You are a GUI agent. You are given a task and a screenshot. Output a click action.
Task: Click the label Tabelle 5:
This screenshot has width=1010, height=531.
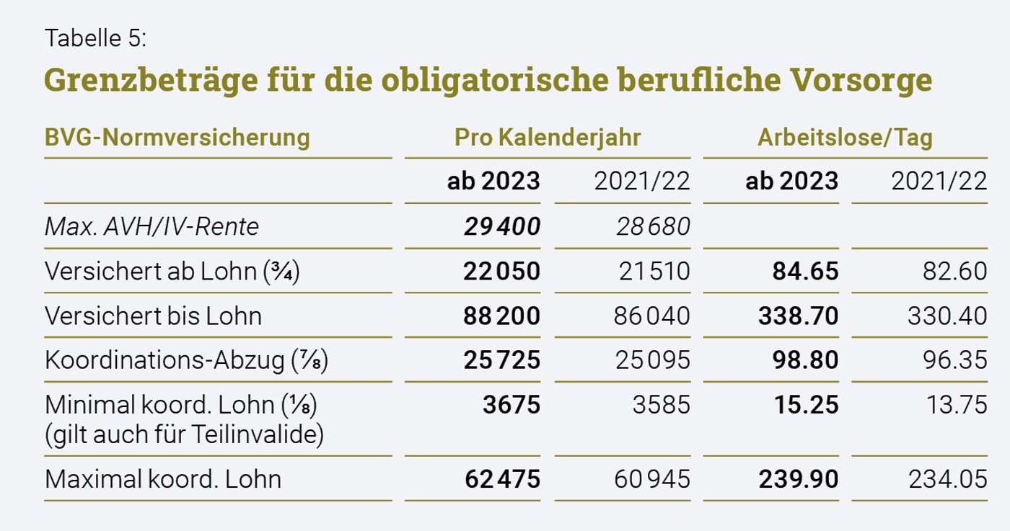point(95,38)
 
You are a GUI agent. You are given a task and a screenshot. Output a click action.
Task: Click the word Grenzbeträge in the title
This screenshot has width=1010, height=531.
point(151,80)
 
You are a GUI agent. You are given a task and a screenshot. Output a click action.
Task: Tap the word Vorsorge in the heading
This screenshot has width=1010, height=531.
point(861,80)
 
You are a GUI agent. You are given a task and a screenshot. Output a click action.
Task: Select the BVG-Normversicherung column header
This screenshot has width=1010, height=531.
point(177,137)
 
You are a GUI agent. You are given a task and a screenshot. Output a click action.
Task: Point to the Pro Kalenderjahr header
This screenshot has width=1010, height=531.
point(548,137)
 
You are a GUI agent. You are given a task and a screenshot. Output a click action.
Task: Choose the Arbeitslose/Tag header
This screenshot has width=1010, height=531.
point(845,137)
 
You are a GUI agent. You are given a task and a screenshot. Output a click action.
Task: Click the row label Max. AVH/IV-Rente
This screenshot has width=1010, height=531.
point(151,226)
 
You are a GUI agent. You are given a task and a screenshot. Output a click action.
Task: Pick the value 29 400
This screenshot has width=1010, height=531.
point(502,226)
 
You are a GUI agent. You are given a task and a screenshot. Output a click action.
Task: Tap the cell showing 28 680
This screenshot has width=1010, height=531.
point(653,226)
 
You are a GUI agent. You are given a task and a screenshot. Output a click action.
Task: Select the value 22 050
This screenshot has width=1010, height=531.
point(502,271)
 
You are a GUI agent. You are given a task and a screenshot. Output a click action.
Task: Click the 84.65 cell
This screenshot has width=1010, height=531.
point(805,271)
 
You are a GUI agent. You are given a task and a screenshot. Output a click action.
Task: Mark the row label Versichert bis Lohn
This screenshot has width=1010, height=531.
point(153,316)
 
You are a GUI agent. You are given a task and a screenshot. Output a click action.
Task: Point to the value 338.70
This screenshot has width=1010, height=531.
point(798,316)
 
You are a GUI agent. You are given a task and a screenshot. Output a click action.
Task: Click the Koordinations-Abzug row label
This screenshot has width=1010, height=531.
point(186,360)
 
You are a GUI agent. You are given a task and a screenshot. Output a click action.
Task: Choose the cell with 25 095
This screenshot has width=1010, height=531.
point(652,360)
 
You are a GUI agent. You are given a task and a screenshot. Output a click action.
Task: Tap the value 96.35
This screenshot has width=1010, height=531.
point(954,360)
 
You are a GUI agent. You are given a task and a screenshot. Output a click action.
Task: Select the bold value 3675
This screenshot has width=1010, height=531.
point(511,404)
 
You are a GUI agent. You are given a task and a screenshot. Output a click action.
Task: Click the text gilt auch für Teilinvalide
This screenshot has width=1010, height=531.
point(185,434)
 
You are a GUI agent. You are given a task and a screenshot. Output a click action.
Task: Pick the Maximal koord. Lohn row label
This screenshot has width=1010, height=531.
point(163,478)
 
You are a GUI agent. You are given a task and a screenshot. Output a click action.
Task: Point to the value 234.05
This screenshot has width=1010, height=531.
point(948,478)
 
